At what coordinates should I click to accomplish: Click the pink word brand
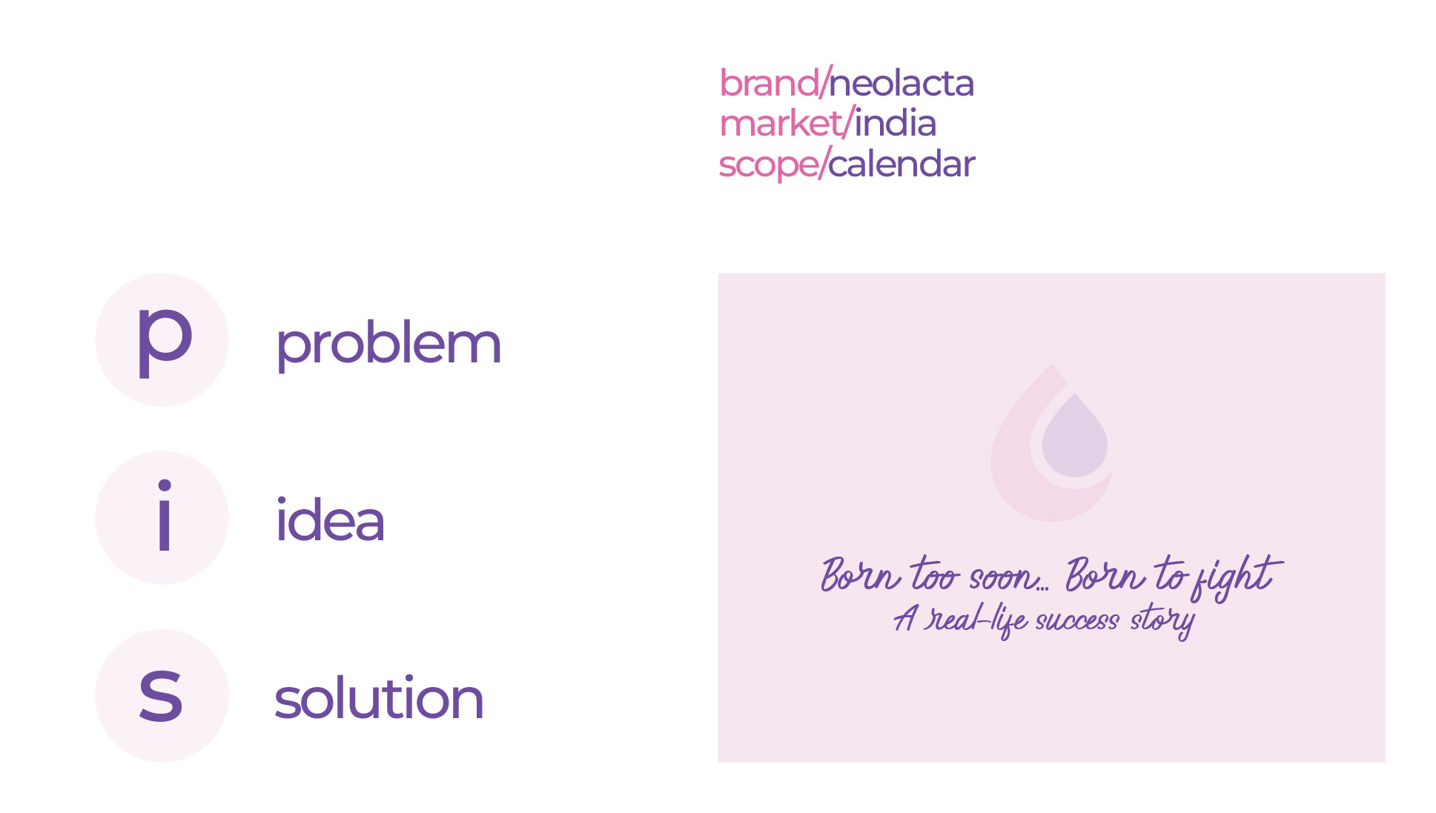pos(768,83)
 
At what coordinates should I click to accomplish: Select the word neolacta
pos(901,83)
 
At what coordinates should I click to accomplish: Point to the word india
pos(895,124)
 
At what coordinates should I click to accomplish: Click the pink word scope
pos(767,165)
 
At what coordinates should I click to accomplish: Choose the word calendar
pos(901,165)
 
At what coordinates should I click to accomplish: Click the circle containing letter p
pos(162,339)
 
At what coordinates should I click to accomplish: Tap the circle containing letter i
pos(162,517)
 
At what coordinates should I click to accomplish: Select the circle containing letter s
pos(162,695)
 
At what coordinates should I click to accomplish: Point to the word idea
pos(330,521)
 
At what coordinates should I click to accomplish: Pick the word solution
pos(379,699)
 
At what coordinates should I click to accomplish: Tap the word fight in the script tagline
pos(1235,577)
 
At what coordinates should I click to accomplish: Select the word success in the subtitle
pos(1076,620)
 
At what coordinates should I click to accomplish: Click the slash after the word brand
pos(824,83)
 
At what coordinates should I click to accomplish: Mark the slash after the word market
pos(849,124)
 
